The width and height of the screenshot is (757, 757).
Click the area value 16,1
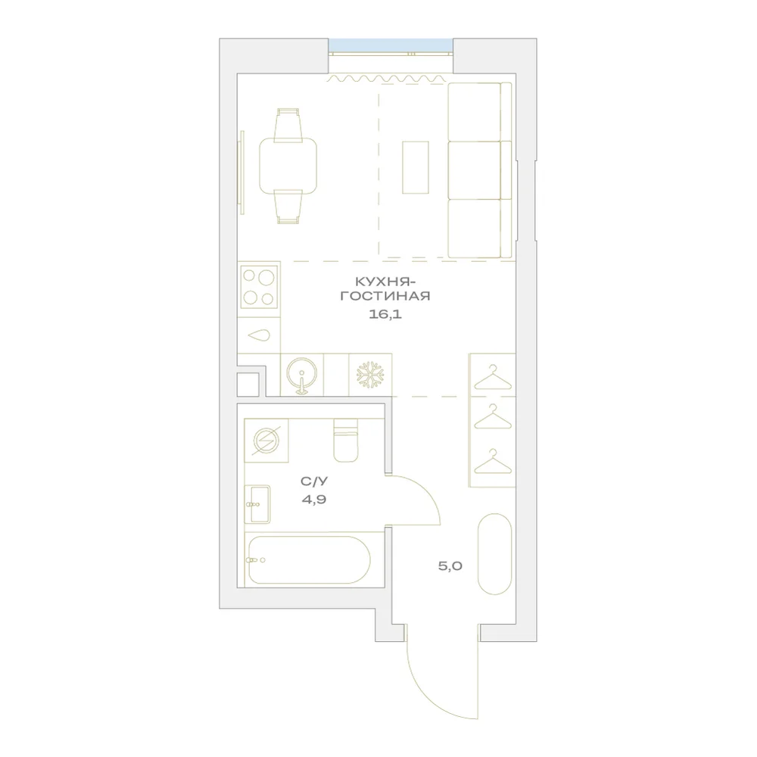coord(385,315)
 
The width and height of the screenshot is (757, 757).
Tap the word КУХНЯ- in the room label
coord(385,281)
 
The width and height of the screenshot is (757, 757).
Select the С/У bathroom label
coord(314,481)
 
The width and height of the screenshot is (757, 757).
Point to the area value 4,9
coord(314,500)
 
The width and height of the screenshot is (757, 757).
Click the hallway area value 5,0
coord(450,565)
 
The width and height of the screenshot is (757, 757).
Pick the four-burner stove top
coord(259,287)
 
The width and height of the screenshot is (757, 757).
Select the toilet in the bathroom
coord(346,441)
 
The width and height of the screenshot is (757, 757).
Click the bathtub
coord(309,560)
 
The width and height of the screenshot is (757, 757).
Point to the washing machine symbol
coord(266,441)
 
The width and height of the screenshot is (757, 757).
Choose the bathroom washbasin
coord(257,504)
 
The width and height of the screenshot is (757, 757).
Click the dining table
coord(288,166)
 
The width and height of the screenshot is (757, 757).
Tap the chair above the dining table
coord(288,125)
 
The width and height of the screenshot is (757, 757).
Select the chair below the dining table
coord(288,207)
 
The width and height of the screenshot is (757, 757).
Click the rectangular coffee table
coord(416,167)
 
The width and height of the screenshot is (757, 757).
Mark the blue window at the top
coord(391,45)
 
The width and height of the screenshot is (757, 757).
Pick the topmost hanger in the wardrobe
coord(493,377)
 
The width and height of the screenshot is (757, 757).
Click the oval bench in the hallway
coord(494,554)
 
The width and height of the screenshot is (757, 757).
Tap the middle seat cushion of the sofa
coord(475,170)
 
